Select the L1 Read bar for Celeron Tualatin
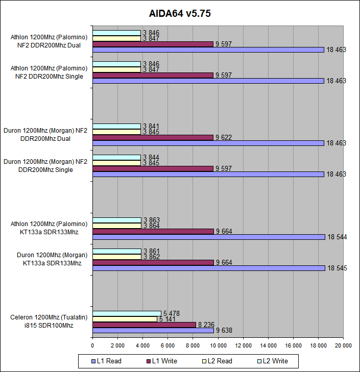(x=153, y=330)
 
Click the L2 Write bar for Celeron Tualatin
(x=127, y=313)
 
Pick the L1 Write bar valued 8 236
(x=145, y=325)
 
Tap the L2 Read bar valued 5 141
(x=125, y=319)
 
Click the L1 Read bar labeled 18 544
(x=209, y=237)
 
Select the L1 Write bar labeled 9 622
(x=153, y=137)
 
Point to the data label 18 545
(x=337, y=268)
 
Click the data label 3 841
(x=151, y=126)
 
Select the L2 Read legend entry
(x=217, y=361)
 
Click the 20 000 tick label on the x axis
(x=343, y=345)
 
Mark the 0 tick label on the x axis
(x=92, y=345)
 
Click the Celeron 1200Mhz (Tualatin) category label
(x=49, y=321)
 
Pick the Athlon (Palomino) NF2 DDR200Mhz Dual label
(x=49, y=40)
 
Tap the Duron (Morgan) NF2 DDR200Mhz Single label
(x=45, y=165)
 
